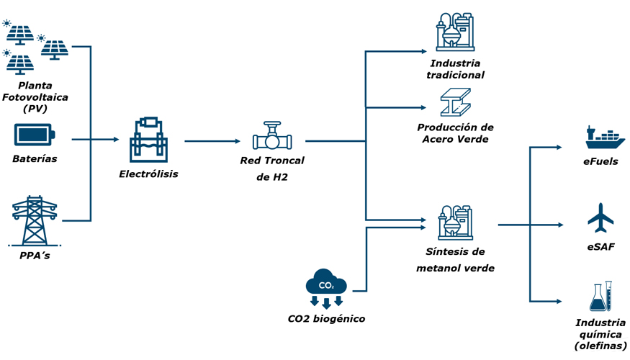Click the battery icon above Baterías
(35, 135)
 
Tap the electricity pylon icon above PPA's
(34, 220)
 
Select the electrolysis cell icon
(148, 140)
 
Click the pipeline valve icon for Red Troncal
(271, 137)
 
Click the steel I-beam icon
(455, 103)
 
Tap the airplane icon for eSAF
(600, 218)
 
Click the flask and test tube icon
(600, 297)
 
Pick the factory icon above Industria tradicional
(454, 32)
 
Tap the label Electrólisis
(148, 174)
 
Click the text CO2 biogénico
(326, 318)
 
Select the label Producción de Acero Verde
(455, 133)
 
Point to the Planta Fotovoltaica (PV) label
(35, 97)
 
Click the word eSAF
(600, 247)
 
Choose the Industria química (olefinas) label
(600, 335)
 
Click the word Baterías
(35, 158)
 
